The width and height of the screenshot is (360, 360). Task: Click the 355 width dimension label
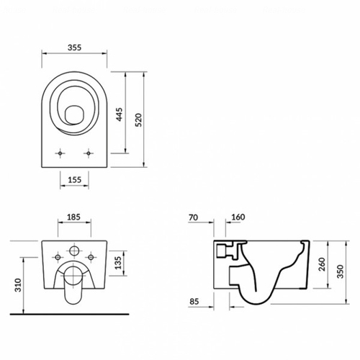pyautogui.click(x=74, y=48)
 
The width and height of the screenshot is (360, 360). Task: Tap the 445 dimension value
pyautogui.click(x=120, y=114)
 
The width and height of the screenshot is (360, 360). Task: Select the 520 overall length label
pyautogui.click(x=138, y=120)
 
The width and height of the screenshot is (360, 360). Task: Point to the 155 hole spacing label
pyautogui.click(x=75, y=180)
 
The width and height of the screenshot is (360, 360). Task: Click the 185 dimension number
pyautogui.click(x=73, y=217)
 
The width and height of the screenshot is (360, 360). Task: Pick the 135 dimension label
pyautogui.click(x=118, y=263)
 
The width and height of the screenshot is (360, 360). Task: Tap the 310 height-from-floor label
pyautogui.click(x=18, y=285)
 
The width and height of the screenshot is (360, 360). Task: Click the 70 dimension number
pyautogui.click(x=194, y=217)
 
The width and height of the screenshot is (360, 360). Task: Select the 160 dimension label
pyautogui.click(x=238, y=217)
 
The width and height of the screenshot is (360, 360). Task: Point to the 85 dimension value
pyautogui.click(x=194, y=302)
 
